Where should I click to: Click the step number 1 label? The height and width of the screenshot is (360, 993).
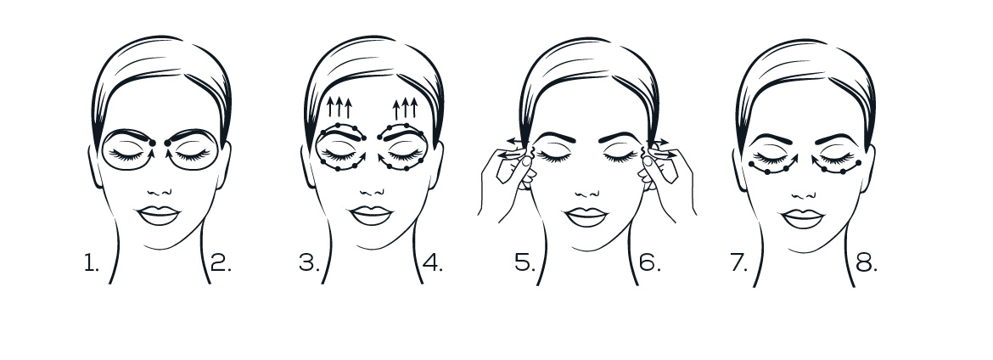[x=92, y=262]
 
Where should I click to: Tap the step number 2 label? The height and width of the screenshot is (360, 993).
[x=221, y=262]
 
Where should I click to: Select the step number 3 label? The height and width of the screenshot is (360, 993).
[x=309, y=262]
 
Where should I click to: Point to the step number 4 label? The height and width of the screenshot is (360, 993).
[x=433, y=262]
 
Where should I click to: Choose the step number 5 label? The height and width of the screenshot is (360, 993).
[x=525, y=262]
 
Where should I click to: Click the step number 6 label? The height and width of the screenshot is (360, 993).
[x=650, y=262]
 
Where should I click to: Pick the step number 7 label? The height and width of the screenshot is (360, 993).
[x=739, y=262]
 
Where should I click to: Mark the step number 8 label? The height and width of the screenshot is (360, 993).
[x=867, y=262]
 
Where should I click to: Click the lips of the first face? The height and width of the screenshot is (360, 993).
[x=159, y=216]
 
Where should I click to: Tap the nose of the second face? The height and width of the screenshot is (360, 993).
[x=371, y=191]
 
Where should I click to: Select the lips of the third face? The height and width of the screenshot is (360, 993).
[x=586, y=217]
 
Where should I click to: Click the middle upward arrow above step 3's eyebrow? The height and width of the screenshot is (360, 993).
[x=339, y=107]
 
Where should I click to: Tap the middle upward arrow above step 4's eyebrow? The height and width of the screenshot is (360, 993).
[x=406, y=109]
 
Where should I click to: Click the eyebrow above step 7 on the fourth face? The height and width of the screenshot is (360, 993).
[x=771, y=138]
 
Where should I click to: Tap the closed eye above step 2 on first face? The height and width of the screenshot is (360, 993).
[x=193, y=154]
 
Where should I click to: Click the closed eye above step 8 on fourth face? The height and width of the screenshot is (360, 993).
[x=837, y=156]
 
